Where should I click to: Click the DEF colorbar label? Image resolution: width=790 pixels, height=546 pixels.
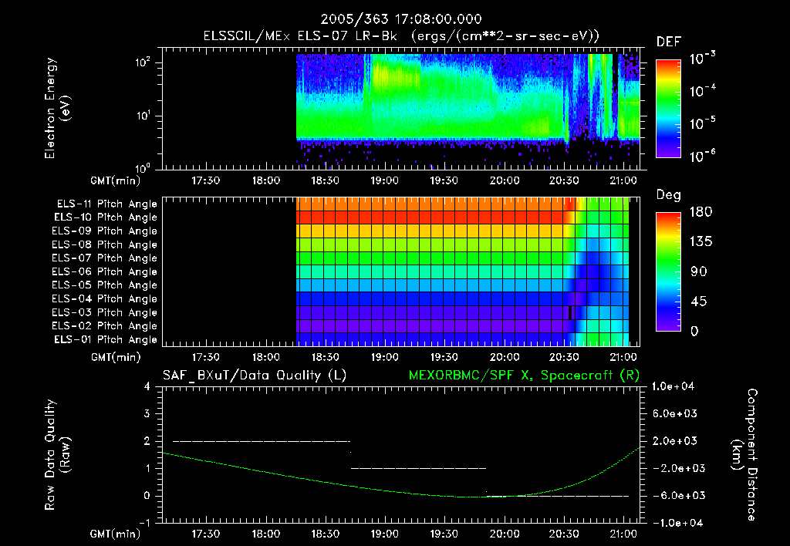pos(667,42)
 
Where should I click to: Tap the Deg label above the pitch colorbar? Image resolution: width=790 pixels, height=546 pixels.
pos(667,195)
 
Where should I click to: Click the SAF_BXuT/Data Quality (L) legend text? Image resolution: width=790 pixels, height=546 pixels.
pos(254,376)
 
